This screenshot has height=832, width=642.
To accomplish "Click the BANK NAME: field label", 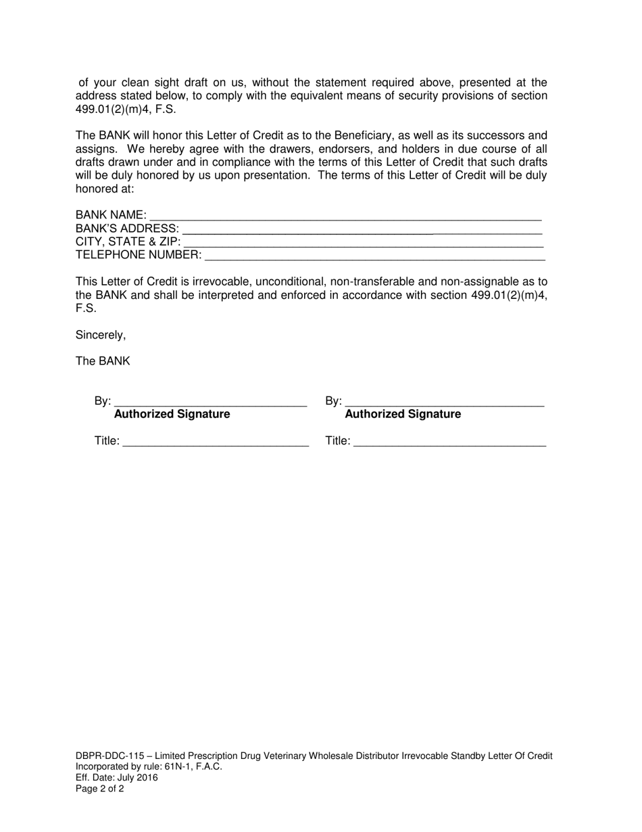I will (111, 215).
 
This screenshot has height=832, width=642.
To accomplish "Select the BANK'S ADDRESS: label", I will (127, 229).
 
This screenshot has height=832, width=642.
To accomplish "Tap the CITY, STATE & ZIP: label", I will (128, 241).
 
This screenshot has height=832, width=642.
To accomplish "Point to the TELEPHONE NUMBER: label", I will (139, 255).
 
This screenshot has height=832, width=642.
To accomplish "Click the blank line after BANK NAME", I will (345, 218).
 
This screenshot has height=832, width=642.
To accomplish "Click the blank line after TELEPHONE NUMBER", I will (374, 258).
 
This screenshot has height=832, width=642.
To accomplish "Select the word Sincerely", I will (100, 335).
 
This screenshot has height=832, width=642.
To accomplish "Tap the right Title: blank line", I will (449, 444).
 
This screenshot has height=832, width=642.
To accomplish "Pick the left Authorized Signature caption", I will (172, 414).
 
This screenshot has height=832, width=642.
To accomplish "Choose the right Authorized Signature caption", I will (403, 414).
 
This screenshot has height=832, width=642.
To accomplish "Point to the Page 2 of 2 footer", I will (100, 788).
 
